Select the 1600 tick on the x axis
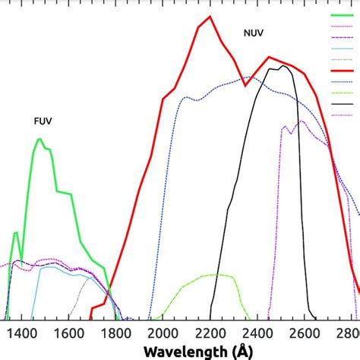point(68,332)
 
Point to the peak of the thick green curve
point(39,139)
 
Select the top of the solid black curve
point(283,66)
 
